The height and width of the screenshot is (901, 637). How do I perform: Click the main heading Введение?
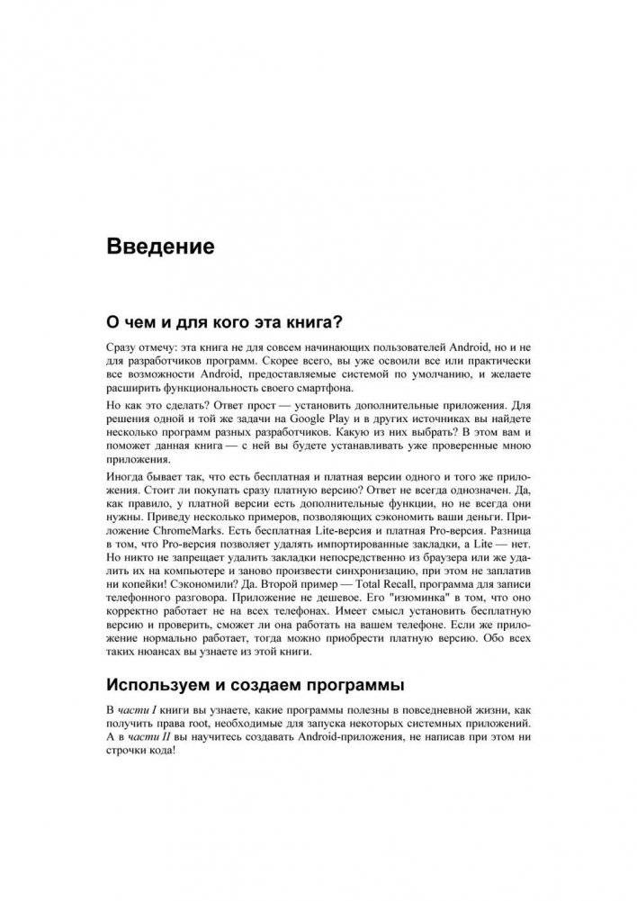point(161,246)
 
